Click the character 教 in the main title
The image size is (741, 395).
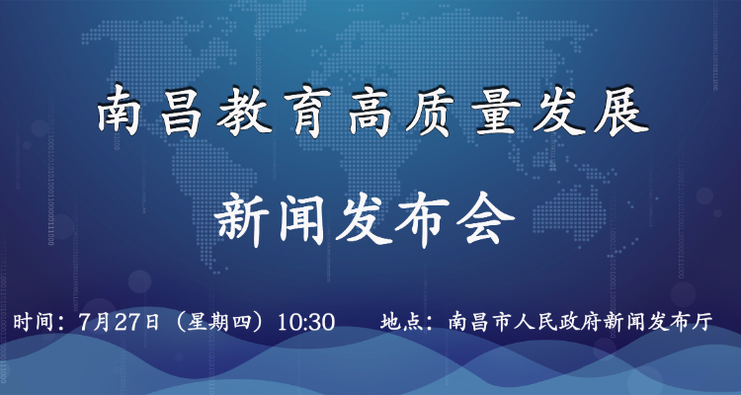pos(244,113)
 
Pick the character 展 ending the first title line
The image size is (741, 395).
pos(620,113)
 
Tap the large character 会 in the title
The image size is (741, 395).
pos(485,221)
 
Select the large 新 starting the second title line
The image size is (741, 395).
pos(241,221)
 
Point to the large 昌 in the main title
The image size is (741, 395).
pos(182,113)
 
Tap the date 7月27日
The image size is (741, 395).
pos(120,323)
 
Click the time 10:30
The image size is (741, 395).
pos(306,323)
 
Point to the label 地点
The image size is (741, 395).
pos(398,323)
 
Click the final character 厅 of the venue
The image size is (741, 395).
pos(702,323)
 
